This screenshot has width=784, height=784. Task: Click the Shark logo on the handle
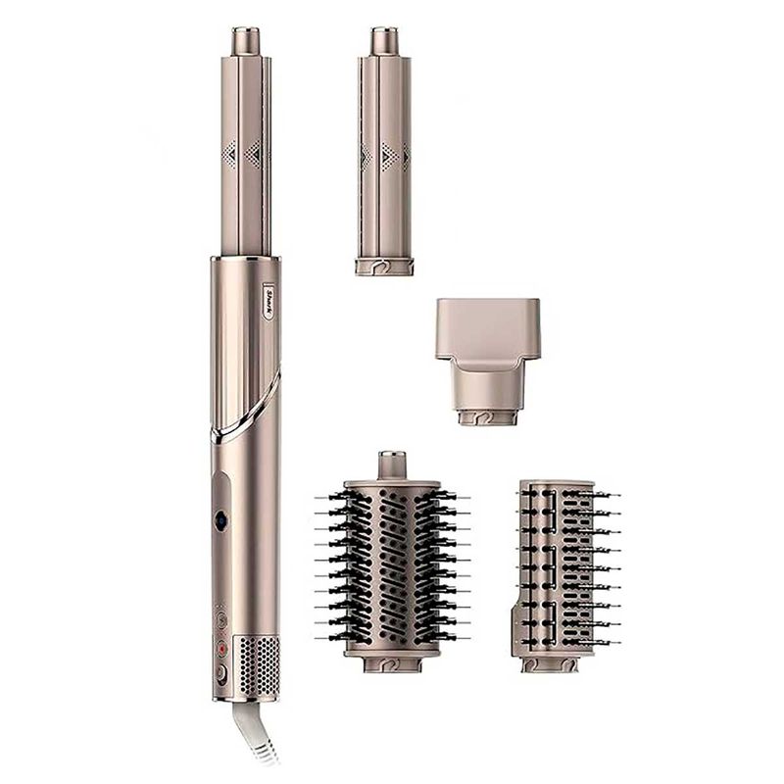click(268, 300)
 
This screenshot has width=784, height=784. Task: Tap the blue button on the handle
click(220, 521)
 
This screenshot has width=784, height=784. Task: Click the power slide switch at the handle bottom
click(220, 672)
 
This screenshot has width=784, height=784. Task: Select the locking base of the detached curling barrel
click(384, 266)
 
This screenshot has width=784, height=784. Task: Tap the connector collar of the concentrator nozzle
click(487, 416)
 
